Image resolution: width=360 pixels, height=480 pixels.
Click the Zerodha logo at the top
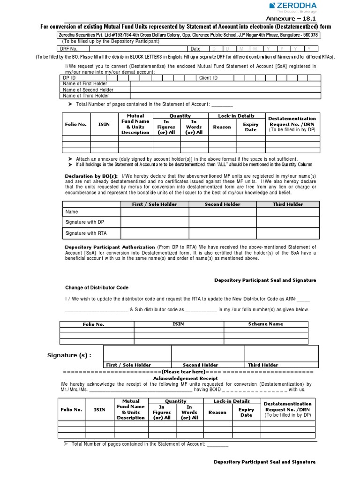pos(293,7)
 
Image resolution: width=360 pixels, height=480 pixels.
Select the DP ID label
pos(70,78)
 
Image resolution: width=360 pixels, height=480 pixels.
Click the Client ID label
pos(209,78)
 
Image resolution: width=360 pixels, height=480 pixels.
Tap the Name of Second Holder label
pos(88,90)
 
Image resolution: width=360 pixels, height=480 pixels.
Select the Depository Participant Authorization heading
pos(110,247)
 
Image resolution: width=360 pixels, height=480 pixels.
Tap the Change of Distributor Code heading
pos(96,287)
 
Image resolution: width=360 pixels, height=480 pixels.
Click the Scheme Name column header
pos(266,324)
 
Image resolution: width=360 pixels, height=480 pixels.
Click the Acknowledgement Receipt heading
pos(186,378)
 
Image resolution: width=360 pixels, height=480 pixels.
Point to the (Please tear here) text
pos(185,371)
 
